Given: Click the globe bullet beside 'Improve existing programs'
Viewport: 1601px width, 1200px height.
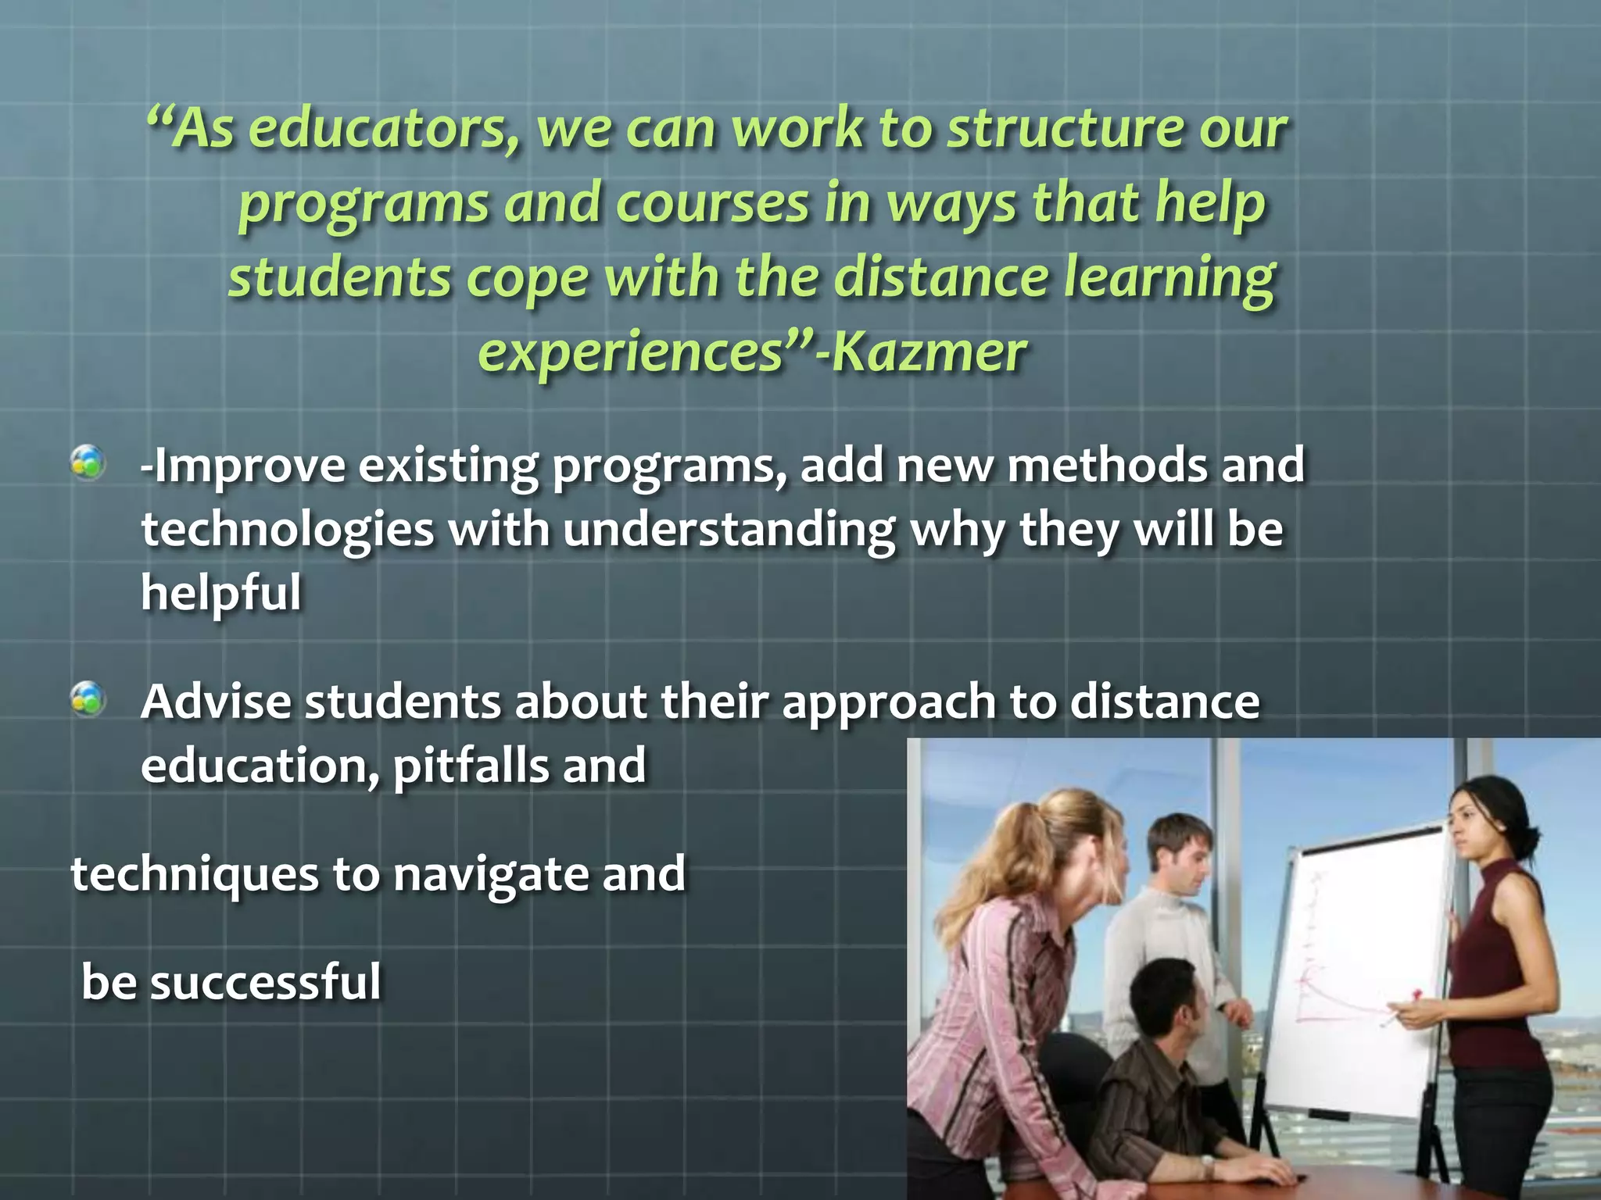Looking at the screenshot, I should [88, 462].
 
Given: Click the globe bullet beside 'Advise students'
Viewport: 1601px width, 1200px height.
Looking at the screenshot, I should [88, 698].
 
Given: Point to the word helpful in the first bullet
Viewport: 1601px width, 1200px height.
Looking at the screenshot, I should [220, 592].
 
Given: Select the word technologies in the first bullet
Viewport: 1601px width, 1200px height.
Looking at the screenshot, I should [287, 530].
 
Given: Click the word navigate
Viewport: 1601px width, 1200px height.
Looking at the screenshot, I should [490, 873].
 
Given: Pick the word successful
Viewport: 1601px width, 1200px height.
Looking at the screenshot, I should [265, 982].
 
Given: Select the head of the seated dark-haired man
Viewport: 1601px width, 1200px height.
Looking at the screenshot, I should [1173, 1004].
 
